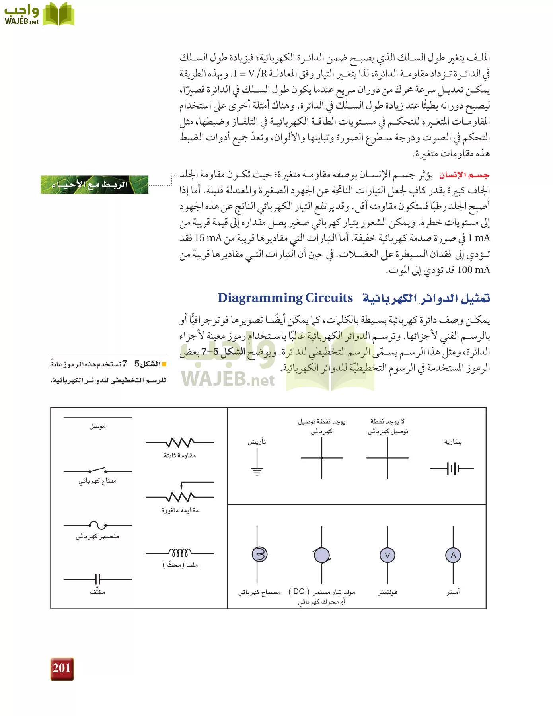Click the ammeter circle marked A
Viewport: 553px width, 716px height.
click(453, 555)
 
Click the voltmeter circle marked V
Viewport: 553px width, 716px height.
click(387, 555)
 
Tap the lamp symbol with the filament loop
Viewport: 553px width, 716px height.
click(259, 554)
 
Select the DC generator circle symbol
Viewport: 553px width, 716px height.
click(321, 555)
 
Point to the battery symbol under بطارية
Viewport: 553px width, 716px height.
click(452, 469)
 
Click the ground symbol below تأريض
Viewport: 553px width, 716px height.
click(257, 471)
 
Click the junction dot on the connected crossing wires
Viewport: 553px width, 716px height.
click(321, 458)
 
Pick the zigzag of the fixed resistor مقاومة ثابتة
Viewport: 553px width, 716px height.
click(180, 442)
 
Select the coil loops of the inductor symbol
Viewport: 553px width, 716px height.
click(180, 553)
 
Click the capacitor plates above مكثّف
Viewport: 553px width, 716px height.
click(97, 579)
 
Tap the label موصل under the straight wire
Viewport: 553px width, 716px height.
click(97, 426)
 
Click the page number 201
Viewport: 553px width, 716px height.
click(62, 668)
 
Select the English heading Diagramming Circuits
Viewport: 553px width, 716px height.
click(285, 298)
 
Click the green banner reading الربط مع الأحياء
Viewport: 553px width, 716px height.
click(95, 185)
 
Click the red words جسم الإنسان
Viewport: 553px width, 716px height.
click(464, 175)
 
